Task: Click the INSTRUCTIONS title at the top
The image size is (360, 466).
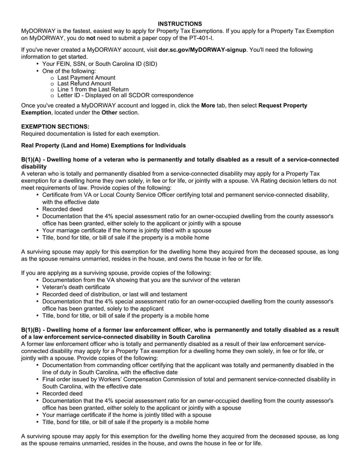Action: (x=180, y=23)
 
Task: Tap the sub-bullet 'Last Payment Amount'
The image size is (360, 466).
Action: (x=86, y=77)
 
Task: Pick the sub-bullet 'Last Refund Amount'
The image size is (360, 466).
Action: (x=84, y=83)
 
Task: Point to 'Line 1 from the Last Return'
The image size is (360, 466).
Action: (x=93, y=89)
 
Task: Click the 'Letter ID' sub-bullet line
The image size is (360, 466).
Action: (x=125, y=95)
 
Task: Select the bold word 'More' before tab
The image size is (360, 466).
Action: (x=208, y=105)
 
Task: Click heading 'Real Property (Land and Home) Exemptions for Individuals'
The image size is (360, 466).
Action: (x=103, y=145)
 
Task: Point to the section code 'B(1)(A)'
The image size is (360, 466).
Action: (x=31, y=159)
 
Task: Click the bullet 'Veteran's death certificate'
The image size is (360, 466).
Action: (x=76, y=287)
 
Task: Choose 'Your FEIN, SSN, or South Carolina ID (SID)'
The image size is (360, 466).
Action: (x=99, y=64)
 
